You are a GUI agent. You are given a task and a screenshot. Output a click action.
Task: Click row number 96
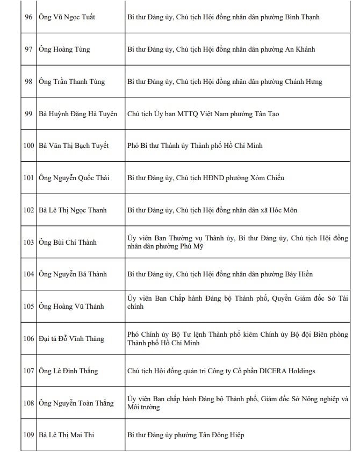pos(28,17)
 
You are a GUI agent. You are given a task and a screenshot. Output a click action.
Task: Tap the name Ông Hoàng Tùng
pos(64,49)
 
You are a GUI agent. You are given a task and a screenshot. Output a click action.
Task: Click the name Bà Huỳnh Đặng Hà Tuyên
pos(78,114)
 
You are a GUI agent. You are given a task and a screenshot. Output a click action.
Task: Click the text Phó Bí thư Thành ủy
pos(160,146)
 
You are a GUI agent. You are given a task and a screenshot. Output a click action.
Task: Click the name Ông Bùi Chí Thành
pos(68,242)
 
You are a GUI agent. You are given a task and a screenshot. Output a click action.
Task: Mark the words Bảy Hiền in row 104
pos(298,274)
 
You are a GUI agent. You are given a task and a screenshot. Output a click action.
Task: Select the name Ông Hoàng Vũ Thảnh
pos(71,307)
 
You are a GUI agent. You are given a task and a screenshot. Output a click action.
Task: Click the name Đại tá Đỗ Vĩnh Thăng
pos(71,339)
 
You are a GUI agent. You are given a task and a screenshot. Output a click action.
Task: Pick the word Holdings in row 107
pos(301,371)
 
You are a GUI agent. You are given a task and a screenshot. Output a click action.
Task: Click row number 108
pos(28,403)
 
